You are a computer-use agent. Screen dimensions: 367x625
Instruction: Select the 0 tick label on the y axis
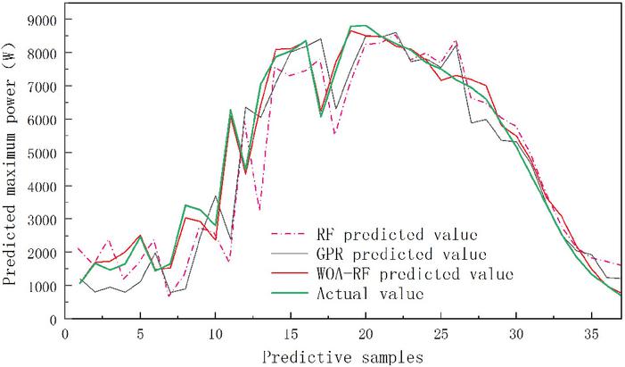tap(53, 319)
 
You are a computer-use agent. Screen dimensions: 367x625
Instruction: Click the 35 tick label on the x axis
tap(590, 333)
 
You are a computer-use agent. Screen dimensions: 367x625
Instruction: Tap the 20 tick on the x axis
tap(365, 333)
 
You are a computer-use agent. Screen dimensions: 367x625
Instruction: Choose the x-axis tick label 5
tap(140, 333)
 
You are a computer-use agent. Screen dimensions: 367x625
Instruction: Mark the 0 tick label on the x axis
tap(65, 333)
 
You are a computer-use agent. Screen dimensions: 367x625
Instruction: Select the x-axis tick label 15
tap(290, 333)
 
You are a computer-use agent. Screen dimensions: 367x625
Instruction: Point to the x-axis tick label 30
tap(515, 333)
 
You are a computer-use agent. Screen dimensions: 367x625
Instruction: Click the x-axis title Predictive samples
tap(343, 354)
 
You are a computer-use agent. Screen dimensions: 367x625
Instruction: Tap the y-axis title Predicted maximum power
tap(12, 170)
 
